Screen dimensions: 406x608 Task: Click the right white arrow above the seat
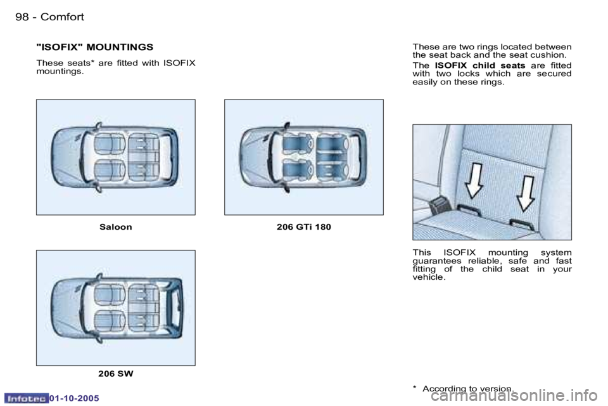coord(526,193)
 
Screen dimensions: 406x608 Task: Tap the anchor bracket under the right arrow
coord(521,223)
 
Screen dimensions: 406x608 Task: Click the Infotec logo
coord(25,398)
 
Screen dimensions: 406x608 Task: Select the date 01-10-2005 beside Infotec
coord(75,398)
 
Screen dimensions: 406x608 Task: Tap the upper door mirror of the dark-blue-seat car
coord(286,124)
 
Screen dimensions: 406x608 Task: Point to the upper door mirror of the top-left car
coord(98,124)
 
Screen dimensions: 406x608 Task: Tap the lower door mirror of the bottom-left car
coord(98,340)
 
